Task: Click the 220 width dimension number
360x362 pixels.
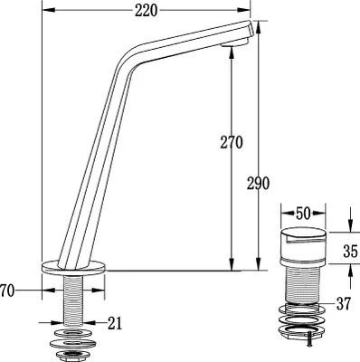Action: tap(146, 11)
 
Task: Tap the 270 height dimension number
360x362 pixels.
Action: tap(232, 142)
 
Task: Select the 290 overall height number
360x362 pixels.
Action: tap(258, 183)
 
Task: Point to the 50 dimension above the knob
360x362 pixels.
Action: tap(303, 214)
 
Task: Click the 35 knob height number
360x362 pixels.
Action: tap(350, 252)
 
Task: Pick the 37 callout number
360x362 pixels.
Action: tap(344, 303)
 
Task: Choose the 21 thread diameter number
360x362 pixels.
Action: tap(115, 323)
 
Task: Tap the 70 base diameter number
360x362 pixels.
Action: tap(7, 291)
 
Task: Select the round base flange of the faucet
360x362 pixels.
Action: tap(73, 268)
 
